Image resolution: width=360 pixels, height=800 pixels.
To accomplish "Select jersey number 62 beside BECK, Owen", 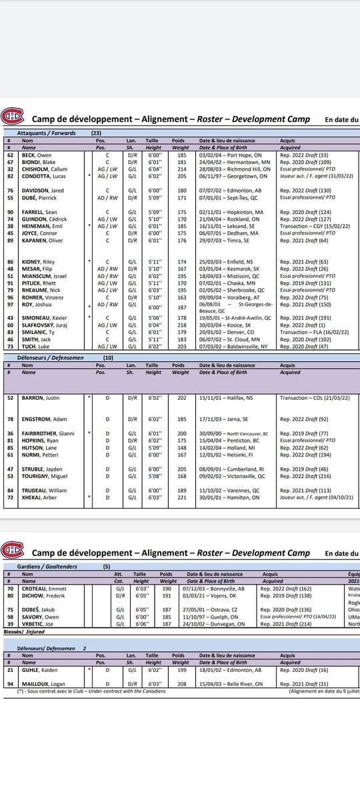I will (x=10, y=155).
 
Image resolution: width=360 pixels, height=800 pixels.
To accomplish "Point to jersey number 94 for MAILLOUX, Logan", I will (x=10, y=683).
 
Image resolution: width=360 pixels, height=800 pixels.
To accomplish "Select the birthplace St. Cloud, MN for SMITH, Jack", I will (x=235, y=339).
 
